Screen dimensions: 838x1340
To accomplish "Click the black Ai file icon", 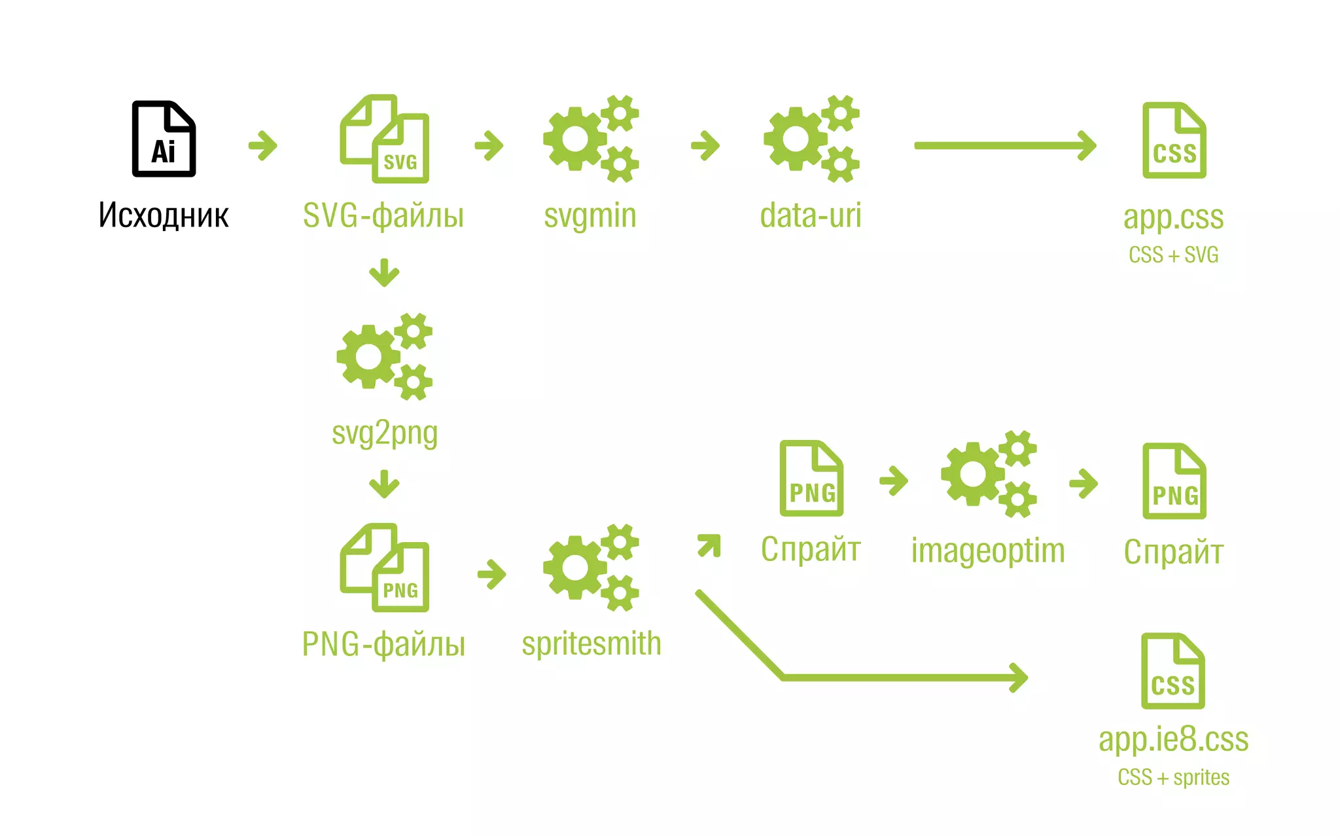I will pyautogui.click(x=164, y=139).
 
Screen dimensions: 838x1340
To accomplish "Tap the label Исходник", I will pyautogui.click(x=164, y=215).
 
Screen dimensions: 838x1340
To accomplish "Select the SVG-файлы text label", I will pyautogui.click(x=383, y=215).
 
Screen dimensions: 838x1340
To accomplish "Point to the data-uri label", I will pyautogui.click(x=811, y=215).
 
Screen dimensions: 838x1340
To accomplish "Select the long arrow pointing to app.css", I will pyautogui.click(x=1004, y=145).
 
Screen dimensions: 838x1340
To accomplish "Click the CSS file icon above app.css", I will pyautogui.click(x=1174, y=140).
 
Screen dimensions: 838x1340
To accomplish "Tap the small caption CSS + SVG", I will pyautogui.click(x=1173, y=255).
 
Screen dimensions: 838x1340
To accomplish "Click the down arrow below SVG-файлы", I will pyautogui.click(x=384, y=272).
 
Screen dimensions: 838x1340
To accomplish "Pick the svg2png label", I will pyautogui.click(x=385, y=433).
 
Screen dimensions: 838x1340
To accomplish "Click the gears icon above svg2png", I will pyautogui.click(x=384, y=357).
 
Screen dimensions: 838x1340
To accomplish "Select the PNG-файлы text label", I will pyautogui.click(x=383, y=644).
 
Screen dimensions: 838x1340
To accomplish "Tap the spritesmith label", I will pyautogui.click(x=591, y=644).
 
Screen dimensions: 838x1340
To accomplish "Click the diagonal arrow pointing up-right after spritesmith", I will pyautogui.click(x=709, y=545).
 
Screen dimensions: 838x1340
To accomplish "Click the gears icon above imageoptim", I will pyautogui.click(x=988, y=475).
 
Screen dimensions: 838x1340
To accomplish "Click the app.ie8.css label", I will pyautogui.click(x=1173, y=740).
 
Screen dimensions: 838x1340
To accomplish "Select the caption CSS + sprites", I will pyautogui.click(x=1173, y=778).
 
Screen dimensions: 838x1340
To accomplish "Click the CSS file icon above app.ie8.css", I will pyautogui.click(x=1172, y=671).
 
